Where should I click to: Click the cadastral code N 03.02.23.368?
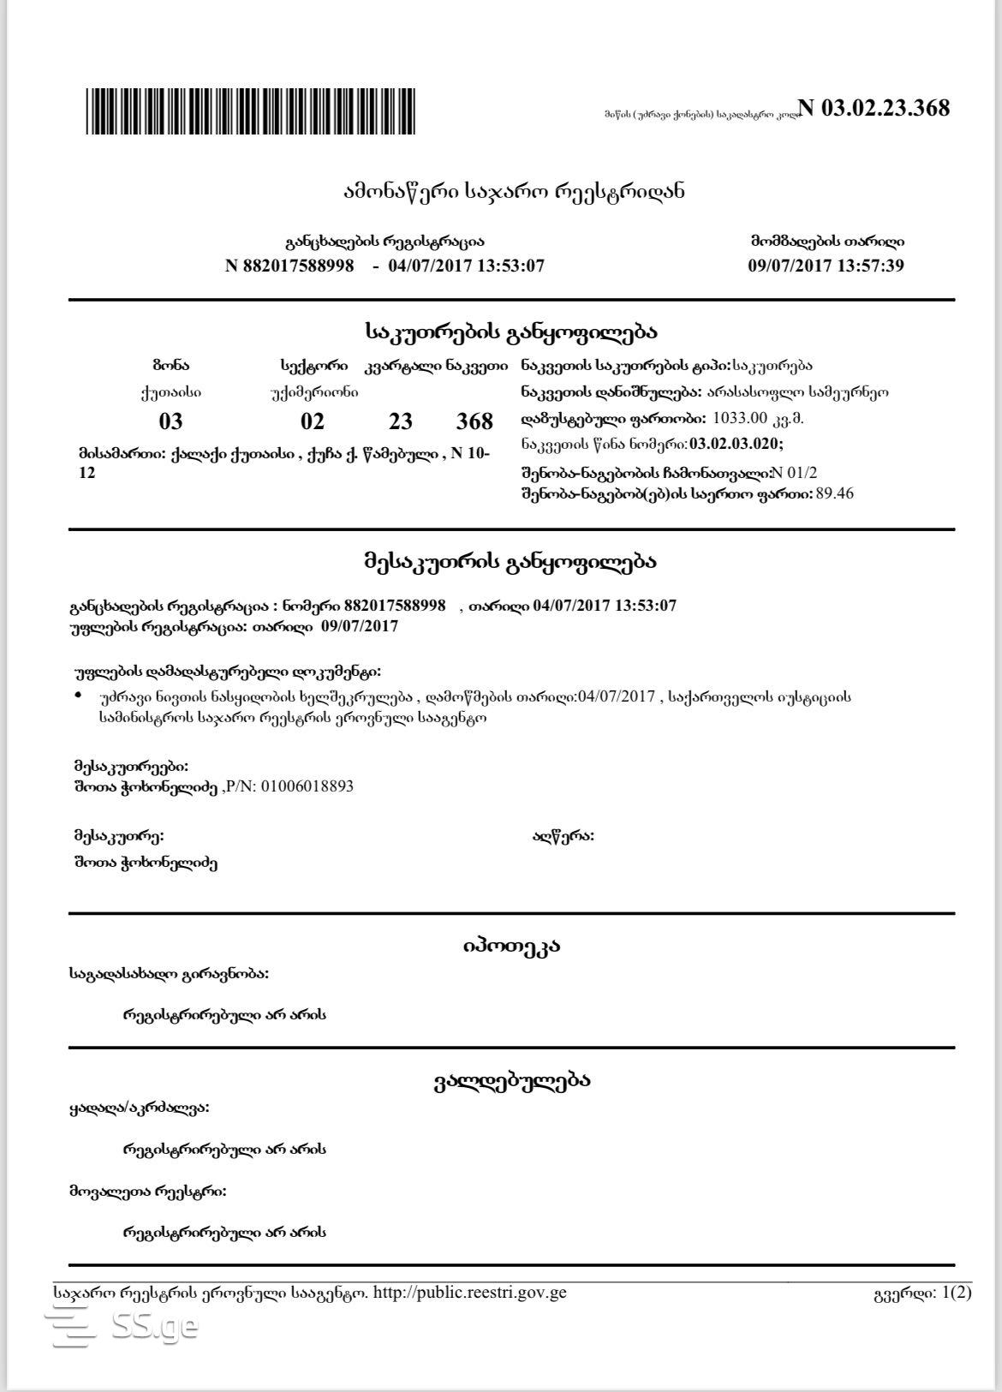pyautogui.click(x=874, y=108)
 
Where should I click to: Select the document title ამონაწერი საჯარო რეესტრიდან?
pyautogui.click(x=513, y=191)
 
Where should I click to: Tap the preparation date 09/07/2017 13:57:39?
pyautogui.click(x=826, y=266)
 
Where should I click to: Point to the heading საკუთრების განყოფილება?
pyautogui.click(x=511, y=332)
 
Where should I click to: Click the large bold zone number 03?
pyautogui.click(x=171, y=421)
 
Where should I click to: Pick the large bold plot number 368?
pyautogui.click(x=474, y=421)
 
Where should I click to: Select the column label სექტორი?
pyautogui.click(x=313, y=366)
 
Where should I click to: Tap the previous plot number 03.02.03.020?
pyautogui.click(x=736, y=444)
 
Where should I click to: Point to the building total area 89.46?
pyautogui.click(x=835, y=493)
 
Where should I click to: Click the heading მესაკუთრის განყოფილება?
pyautogui.click(x=511, y=562)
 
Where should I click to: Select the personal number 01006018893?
pyautogui.click(x=307, y=786)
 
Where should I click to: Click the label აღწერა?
pyautogui.click(x=563, y=836)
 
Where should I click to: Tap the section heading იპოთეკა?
pyautogui.click(x=511, y=947)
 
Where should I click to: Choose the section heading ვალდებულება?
pyautogui.click(x=511, y=1081)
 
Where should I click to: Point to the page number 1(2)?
pyautogui.click(x=957, y=1293)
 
